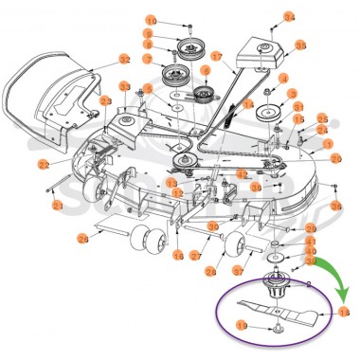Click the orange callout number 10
click(151, 21)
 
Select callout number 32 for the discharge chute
click(125, 59)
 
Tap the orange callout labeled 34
click(290, 18)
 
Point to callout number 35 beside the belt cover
click(300, 45)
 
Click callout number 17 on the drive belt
click(216, 58)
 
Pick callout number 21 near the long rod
click(58, 206)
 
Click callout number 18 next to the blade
click(343, 311)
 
